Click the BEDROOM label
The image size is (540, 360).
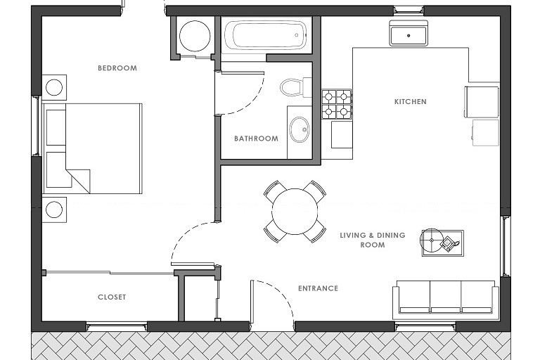pos(117,68)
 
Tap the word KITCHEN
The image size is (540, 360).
pos(410,102)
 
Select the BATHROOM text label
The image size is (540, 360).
pos(256,139)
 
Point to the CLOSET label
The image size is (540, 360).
pos(112,297)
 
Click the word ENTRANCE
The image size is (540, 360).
pos(318,288)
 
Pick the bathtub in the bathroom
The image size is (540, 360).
pos(265,34)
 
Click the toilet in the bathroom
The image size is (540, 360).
pos(295,87)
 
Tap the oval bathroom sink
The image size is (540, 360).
pos(300,129)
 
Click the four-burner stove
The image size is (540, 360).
pos(337,104)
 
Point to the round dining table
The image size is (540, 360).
pos(295,212)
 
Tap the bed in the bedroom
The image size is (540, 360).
pos(92,148)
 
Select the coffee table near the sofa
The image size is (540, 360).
pos(442,243)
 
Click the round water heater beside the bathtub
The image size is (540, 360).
pos(195,36)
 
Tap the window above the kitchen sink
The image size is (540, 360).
pos(409,11)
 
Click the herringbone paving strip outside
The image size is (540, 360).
pos(271,346)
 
